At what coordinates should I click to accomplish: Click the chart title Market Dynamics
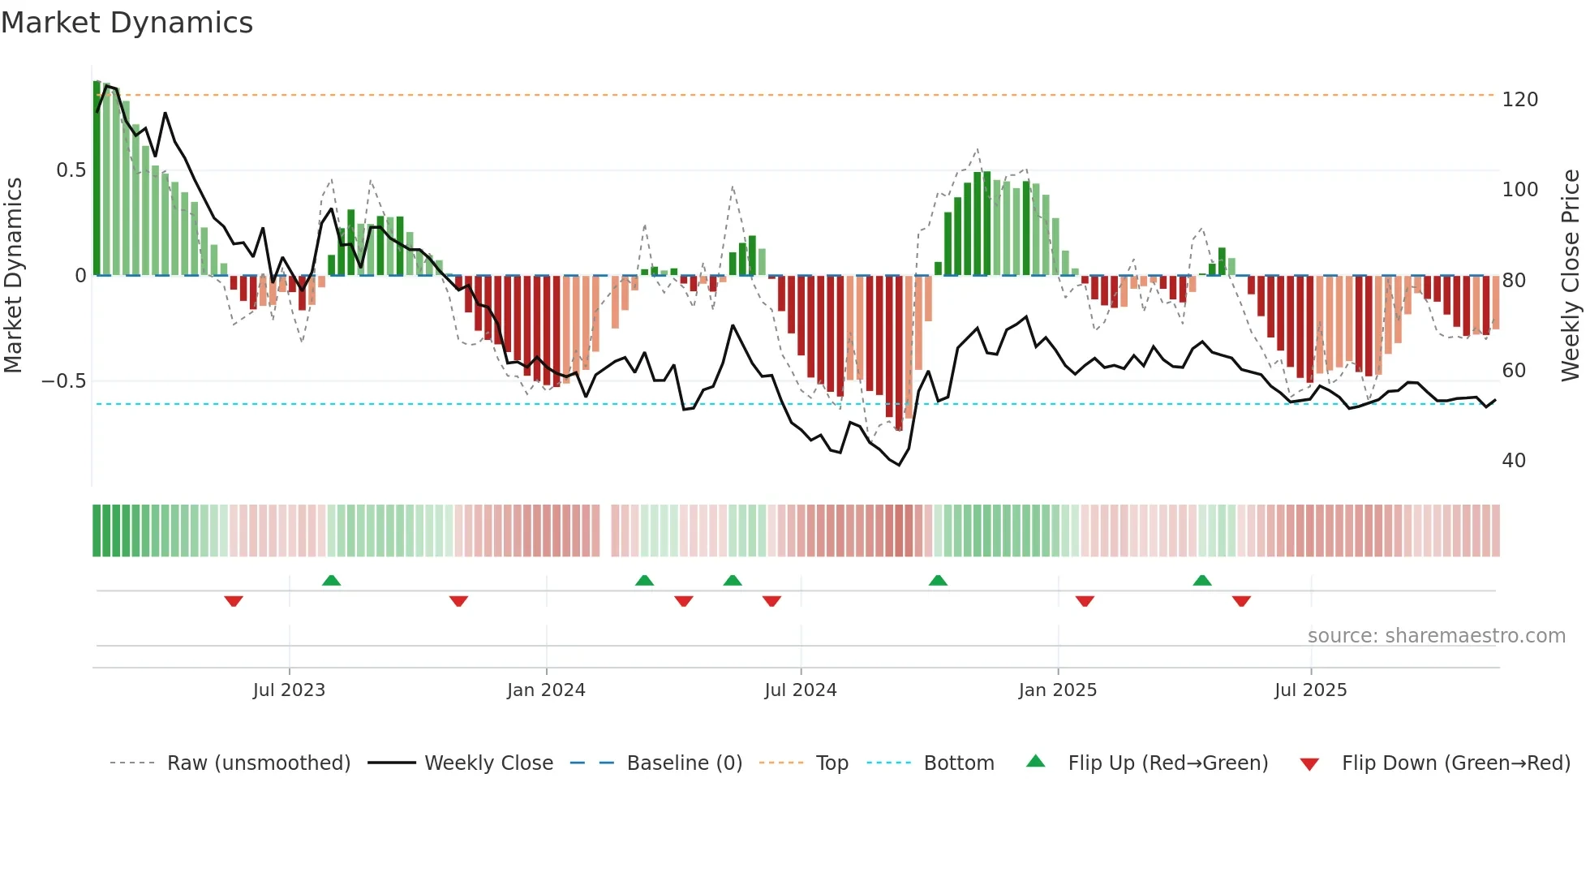(x=127, y=23)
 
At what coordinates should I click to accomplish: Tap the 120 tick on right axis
(x=1519, y=100)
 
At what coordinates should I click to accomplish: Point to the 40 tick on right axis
(x=1514, y=461)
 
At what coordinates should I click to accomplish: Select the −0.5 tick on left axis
(x=63, y=381)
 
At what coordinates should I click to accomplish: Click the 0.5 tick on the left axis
(x=71, y=170)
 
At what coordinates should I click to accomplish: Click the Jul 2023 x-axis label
(x=288, y=690)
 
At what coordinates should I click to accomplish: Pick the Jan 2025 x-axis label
(x=1057, y=690)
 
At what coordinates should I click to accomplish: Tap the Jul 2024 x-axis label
(x=800, y=690)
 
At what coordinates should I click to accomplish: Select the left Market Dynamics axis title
(x=13, y=276)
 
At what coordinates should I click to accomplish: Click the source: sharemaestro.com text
(x=1436, y=636)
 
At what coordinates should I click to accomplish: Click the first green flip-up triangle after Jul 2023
(x=331, y=580)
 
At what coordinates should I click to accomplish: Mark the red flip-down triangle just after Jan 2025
(x=1085, y=601)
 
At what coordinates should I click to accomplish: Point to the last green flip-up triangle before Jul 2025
(x=1202, y=580)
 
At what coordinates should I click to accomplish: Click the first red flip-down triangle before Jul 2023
(x=234, y=601)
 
